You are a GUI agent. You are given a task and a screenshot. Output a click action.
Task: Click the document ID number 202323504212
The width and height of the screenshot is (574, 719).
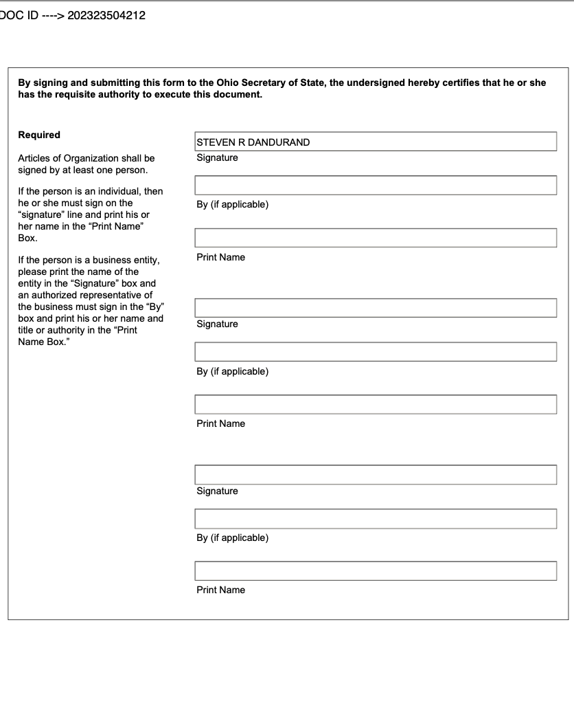(106, 16)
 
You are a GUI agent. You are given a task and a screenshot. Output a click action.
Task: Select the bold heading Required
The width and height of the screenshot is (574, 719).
(39, 135)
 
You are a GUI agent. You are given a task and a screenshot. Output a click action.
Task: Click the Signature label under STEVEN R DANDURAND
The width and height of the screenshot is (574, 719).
(217, 158)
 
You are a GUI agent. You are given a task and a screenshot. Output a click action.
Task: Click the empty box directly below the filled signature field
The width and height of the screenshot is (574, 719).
(376, 186)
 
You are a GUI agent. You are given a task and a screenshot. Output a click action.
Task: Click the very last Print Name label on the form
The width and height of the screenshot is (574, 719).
(220, 590)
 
